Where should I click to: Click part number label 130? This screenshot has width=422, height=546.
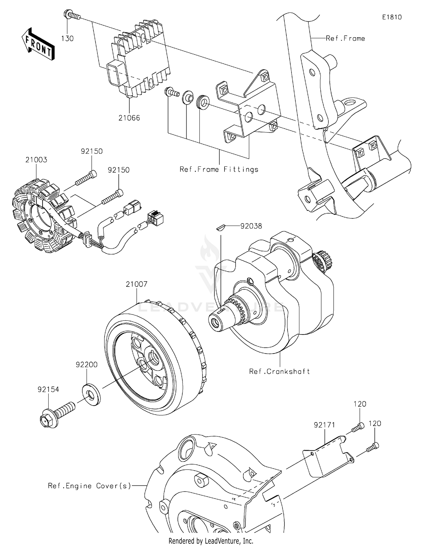[x=68, y=39]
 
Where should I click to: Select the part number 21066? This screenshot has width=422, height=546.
[x=129, y=118]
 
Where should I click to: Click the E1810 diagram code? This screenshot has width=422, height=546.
[x=392, y=17]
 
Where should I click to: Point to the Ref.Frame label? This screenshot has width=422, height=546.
[x=345, y=39]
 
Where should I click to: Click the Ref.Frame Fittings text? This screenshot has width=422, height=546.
[x=219, y=169]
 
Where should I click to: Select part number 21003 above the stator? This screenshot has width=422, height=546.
[x=36, y=160]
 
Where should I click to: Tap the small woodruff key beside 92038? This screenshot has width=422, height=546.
[x=221, y=227]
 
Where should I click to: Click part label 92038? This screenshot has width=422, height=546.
[x=251, y=226]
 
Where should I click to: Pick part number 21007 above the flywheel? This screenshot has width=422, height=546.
[x=136, y=284]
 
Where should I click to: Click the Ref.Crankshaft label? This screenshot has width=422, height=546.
[x=279, y=371]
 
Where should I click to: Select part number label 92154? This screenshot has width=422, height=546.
[x=48, y=389]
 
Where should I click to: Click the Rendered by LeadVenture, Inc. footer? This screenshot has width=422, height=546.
[x=211, y=541]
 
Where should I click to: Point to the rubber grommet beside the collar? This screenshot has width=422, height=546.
[x=203, y=101]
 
